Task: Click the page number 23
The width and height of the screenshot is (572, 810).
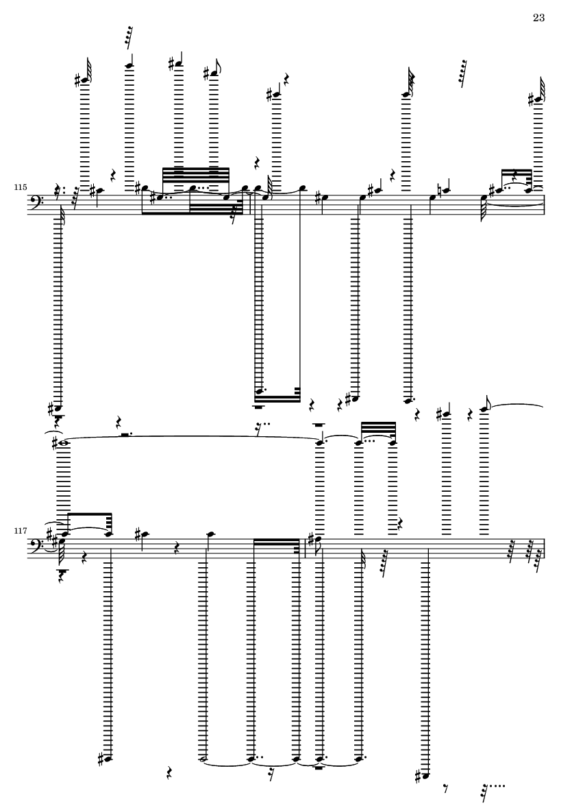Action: (538, 18)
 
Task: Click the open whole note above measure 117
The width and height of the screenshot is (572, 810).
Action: (64, 442)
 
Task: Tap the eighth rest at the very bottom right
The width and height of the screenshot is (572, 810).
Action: (446, 789)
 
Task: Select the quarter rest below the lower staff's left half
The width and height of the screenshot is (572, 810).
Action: (169, 773)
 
